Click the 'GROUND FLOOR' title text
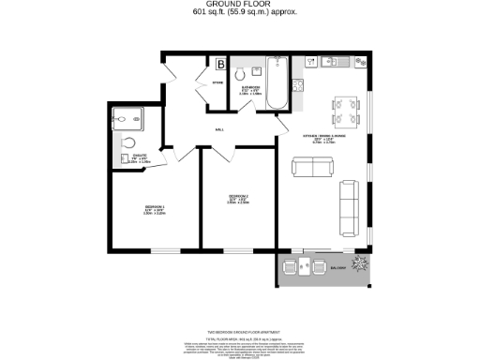point(239,5)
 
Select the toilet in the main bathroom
point(242,72)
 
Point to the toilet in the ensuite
point(127,144)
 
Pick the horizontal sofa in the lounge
point(313,167)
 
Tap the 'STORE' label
point(215,82)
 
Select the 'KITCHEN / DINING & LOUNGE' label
point(318,137)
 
